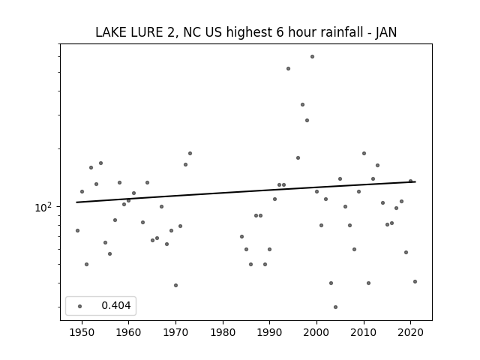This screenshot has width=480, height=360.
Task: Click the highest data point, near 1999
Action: pyautogui.click(x=312, y=57)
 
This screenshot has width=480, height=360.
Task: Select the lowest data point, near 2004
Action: pyautogui.click(x=335, y=307)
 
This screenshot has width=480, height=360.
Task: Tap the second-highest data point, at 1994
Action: pyautogui.click(x=288, y=68)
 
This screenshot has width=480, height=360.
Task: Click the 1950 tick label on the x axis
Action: pyautogui.click(x=82, y=332)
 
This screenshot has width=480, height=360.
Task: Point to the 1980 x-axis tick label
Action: pyautogui.click(x=223, y=332)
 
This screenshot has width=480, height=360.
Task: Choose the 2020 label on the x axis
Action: pyautogui.click(x=410, y=332)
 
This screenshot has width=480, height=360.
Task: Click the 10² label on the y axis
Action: pyautogui.click(x=43, y=207)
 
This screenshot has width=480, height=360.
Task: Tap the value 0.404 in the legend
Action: pyautogui.click(x=116, y=305)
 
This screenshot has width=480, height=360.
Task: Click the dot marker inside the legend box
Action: pyautogui.click(x=79, y=306)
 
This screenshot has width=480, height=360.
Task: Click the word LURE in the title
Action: pyautogui.click(x=147, y=32)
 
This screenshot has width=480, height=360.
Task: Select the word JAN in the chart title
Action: pyautogui.click(x=386, y=32)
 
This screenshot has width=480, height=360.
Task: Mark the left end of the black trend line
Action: pyautogui.click(x=76, y=202)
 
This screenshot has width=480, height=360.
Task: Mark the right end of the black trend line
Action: pyautogui.click(x=415, y=181)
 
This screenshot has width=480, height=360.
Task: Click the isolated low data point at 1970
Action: pyautogui.click(x=175, y=285)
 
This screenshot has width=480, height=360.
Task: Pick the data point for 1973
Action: pyautogui.click(x=190, y=153)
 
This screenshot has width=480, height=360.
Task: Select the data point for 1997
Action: pyautogui.click(x=302, y=105)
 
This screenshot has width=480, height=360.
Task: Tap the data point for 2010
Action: pyautogui.click(x=364, y=153)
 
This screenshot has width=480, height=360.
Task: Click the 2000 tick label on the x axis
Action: pyautogui.click(x=316, y=332)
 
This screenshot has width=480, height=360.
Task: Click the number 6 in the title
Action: pyautogui.click(x=280, y=32)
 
